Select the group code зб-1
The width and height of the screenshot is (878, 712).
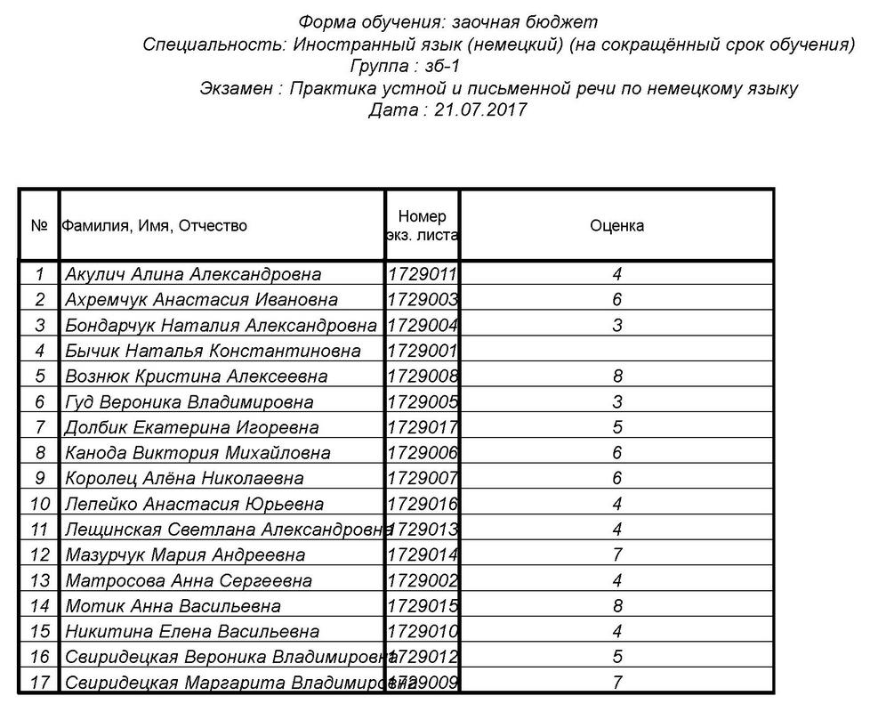point(439,67)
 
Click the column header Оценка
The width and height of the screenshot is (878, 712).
point(616,226)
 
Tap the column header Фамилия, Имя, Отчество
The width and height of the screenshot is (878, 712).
point(155,226)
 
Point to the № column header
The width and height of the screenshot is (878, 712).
point(38,226)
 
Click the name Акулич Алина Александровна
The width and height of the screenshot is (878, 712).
point(193,274)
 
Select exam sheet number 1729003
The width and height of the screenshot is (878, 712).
point(423,300)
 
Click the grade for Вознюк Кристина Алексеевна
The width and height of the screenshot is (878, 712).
point(617,376)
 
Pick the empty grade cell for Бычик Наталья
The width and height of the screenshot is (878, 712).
point(616,351)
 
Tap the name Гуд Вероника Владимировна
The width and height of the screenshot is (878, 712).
point(189,402)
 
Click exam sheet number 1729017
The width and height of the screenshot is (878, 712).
point(423,428)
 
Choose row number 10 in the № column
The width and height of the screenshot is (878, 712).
point(39,505)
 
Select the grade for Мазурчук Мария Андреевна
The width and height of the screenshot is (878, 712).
point(617,555)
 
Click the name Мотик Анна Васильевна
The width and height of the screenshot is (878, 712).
point(173,607)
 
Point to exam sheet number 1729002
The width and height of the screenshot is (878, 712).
point(423,581)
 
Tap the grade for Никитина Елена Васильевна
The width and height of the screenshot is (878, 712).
point(617,633)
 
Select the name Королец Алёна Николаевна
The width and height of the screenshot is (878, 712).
point(184,479)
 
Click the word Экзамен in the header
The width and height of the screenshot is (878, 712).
point(236,89)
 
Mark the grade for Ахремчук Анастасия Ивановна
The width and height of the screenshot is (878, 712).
point(617,300)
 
